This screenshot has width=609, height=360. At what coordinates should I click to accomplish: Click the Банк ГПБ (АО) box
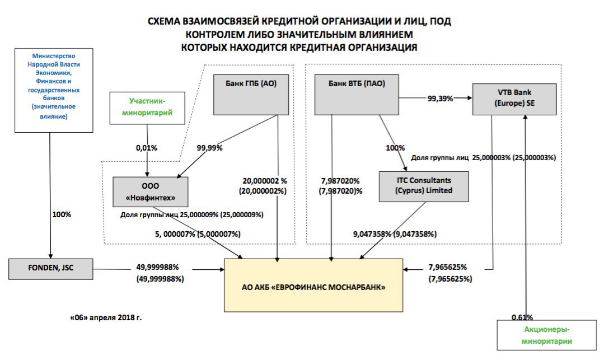point(251,95)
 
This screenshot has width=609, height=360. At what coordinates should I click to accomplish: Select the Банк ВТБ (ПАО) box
point(357,95)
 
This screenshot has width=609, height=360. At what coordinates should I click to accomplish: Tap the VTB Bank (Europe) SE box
point(514,99)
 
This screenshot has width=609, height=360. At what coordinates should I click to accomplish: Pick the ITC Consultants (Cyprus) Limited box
point(424,186)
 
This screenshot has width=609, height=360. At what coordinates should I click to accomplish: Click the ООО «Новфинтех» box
point(151,192)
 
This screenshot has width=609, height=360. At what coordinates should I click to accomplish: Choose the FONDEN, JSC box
point(51,269)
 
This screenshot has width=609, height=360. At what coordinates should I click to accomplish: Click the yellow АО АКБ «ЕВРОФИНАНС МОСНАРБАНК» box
point(313,286)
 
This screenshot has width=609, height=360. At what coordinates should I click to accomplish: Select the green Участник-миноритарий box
point(147,108)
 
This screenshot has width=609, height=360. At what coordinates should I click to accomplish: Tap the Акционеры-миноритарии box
point(546,335)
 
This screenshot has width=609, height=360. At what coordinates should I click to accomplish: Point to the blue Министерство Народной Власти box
point(54,90)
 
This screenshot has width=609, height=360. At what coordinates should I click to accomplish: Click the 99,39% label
point(440,99)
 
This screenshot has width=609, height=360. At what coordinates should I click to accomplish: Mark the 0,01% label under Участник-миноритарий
point(147,148)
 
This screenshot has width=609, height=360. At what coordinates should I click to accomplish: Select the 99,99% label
point(210,148)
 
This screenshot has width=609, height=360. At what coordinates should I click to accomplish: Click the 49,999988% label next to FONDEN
point(157,267)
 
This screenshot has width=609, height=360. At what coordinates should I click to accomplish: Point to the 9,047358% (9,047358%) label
point(395,234)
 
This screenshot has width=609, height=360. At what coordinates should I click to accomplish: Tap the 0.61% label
point(522,317)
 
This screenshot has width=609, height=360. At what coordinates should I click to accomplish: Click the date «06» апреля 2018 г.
point(106,317)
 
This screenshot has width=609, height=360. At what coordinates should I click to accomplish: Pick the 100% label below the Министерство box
point(62,215)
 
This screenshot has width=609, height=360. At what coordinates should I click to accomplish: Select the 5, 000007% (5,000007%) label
point(198,234)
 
